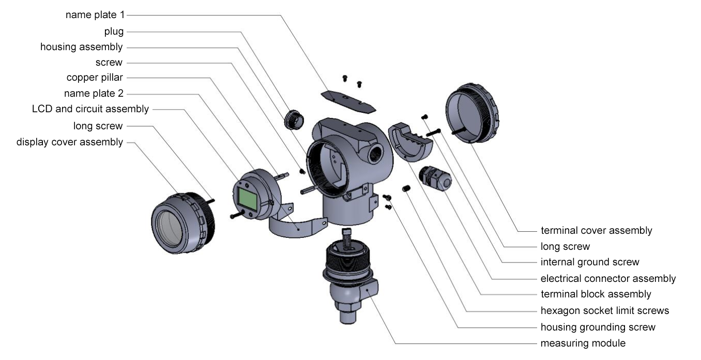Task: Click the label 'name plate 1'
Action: click(x=95, y=14)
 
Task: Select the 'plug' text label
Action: click(x=114, y=32)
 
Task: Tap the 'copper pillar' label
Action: click(x=95, y=77)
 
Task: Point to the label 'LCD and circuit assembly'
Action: click(x=90, y=109)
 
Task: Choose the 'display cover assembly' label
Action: click(x=69, y=142)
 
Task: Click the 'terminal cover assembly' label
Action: click(x=597, y=230)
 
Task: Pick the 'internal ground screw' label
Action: click(x=590, y=262)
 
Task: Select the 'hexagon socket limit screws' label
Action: click(x=605, y=310)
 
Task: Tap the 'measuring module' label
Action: click(x=583, y=343)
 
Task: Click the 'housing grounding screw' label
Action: click(x=598, y=327)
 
